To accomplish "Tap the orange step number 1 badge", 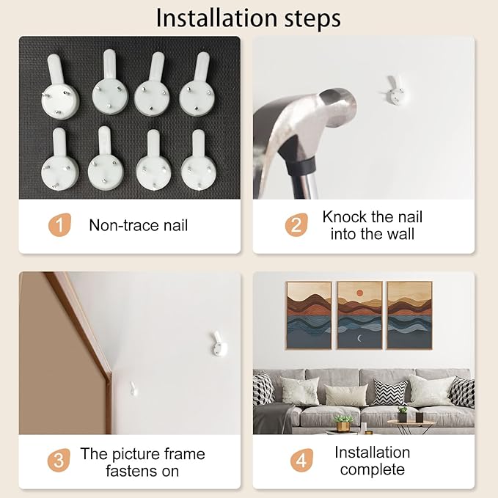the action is click(59, 225).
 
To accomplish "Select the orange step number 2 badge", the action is click(296, 225).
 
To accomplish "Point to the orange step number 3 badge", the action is click(59, 460).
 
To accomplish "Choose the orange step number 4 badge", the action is click(301, 460).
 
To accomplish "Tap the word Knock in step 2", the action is click(345, 217).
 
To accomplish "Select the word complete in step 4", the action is click(373, 470).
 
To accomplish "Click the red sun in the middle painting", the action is click(359, 293).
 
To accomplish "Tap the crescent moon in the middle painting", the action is click(359, 339).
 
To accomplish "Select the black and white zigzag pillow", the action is click(390, 392).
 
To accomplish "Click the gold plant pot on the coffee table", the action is click(343, 426).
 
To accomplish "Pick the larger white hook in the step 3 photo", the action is click(219, 343).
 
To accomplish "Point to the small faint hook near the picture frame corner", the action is click(133, 389).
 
